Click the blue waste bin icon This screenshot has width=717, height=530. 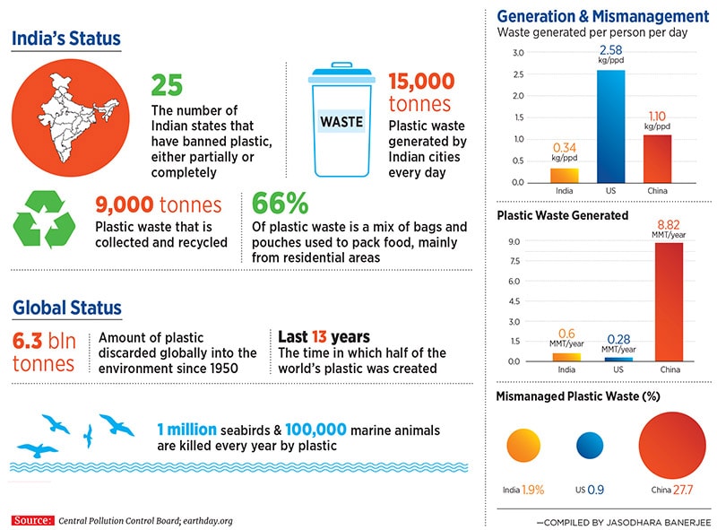click(341, 120)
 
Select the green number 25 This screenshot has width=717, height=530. click(167, 84)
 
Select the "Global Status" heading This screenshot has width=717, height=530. click(67, 308)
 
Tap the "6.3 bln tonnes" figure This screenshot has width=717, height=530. click(45, 352)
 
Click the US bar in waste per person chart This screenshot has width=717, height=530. click(612, 126)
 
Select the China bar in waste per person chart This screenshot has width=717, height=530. click(657, 158)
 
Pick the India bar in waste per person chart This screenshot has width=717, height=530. click(564, 175)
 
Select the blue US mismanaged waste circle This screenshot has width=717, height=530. click(590, 446)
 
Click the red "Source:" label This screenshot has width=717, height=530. click(32, 519)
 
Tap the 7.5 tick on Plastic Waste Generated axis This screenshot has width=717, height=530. click(514, 261)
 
